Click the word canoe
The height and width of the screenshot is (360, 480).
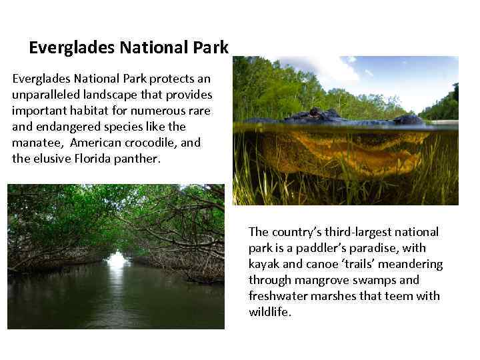click(x=323, y=264)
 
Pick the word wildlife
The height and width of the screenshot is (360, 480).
click(x=269, y=312)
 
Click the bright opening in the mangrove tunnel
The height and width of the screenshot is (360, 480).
click(x=117, y=260)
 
